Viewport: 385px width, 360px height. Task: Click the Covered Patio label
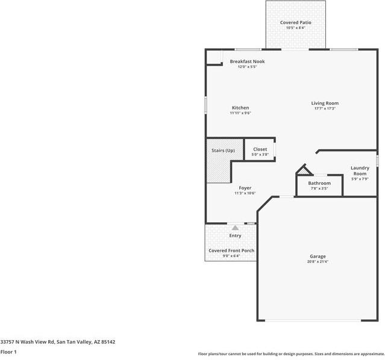(295, 22)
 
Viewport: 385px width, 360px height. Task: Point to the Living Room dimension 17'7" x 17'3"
(325, 108)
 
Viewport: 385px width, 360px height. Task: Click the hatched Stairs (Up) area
(219, 167)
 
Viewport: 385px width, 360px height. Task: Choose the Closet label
(260, 149)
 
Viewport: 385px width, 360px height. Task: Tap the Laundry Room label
(360, 170)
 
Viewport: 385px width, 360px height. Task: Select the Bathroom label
(319, 183)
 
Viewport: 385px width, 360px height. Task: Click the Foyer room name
(245, 188)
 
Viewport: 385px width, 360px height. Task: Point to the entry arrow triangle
(235, 228)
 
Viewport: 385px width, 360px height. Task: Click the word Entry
(235, 235)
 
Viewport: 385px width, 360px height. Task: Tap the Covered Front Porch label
(231, 250)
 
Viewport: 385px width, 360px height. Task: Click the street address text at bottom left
(58, 341)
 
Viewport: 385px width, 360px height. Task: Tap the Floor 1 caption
(8, 352)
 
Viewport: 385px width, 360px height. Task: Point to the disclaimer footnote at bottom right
(291, 354)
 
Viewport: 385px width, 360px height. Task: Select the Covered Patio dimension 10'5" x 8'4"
(295, 28)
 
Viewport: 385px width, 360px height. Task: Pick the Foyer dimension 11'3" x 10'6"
(245, 193)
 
